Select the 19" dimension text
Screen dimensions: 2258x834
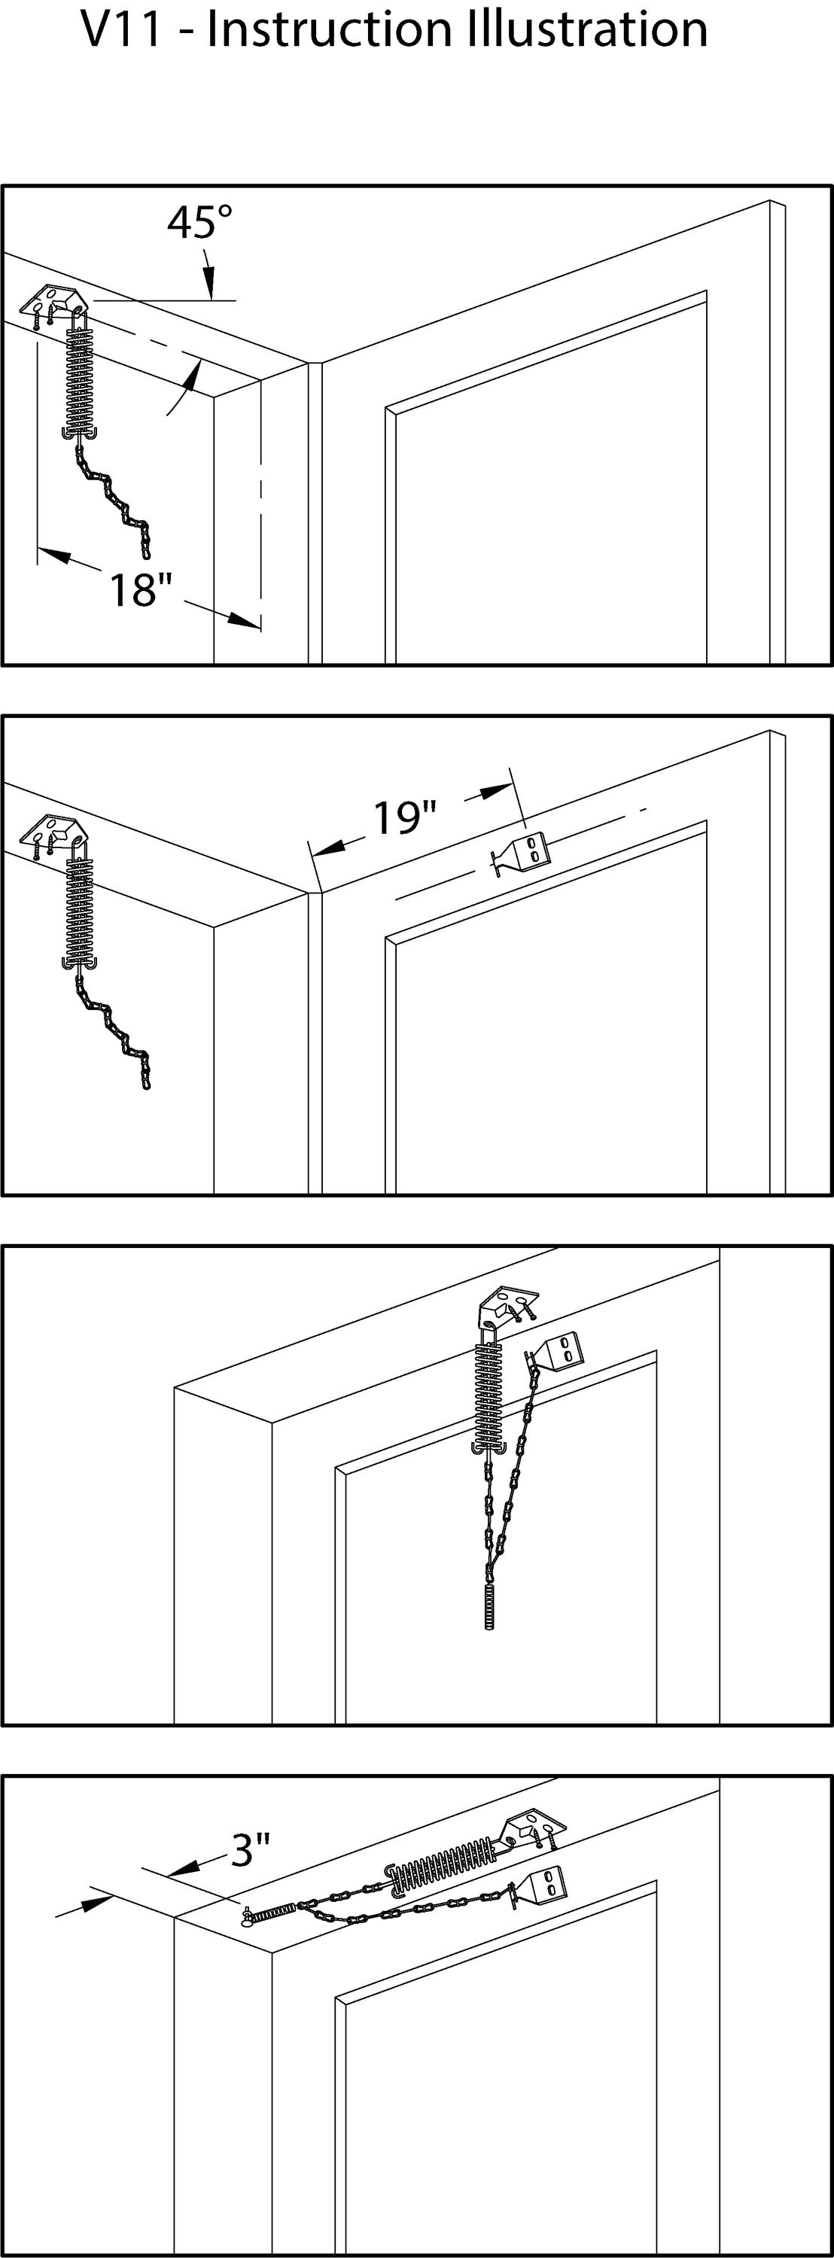pyautogui.click(x=404, y=818)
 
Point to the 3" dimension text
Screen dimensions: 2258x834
pyautogui.click(x=250, y=1849)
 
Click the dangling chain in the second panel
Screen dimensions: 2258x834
pyautogui.click(x=114, y=1030)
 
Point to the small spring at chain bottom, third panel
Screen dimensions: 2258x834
pyautogui.click(x=489, y=1606)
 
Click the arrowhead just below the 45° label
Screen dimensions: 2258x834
pyautogui.click(x=208, y=288)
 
